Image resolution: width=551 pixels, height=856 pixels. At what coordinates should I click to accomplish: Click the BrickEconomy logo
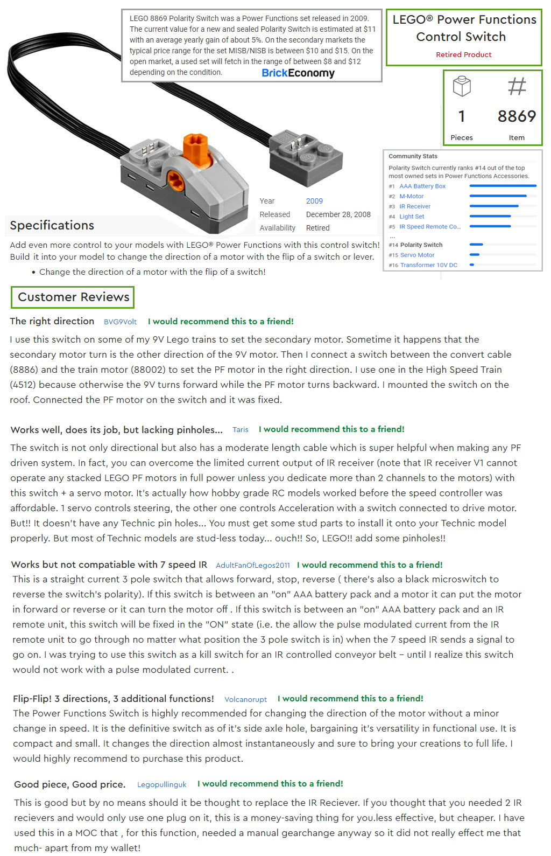[x=298, y=73]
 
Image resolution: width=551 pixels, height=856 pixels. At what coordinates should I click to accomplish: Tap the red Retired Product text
[x=463, y=54]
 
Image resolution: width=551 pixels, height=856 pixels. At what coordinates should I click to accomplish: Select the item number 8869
[x=517, y=116]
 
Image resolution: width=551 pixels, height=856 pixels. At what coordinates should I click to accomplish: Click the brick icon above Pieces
[x=462, y=86]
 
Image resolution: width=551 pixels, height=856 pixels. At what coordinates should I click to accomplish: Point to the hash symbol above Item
[x=517, y=86]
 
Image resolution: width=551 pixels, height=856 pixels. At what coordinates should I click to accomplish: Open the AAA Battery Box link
[x=422, y=186]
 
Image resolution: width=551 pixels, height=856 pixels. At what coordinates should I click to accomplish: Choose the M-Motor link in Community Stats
[x=411, y=196]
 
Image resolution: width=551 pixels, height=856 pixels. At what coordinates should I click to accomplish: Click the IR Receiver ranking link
[x=414, y=206]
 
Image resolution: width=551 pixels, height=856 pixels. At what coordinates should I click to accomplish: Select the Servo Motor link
[x=417, y=255]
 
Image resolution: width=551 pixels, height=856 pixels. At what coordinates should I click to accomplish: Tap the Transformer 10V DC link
[x=428, y=265]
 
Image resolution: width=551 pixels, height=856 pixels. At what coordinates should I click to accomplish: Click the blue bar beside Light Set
[x=490, y=217]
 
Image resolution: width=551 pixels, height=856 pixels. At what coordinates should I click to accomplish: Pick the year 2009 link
[x=314, y=201]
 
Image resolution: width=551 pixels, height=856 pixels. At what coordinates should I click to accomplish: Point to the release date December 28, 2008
[x=338, y=214]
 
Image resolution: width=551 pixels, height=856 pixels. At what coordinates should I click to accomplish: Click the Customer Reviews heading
[x=73, y=297]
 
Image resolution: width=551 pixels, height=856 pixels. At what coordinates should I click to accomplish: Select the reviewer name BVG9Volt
[x=120, y=322]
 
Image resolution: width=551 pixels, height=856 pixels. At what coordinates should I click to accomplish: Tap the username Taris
[x=240, y=429]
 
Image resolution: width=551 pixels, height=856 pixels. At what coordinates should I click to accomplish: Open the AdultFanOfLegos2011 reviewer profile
[x=252, y=565]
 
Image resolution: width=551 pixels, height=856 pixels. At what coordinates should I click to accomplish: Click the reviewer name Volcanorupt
[x=245, y=699]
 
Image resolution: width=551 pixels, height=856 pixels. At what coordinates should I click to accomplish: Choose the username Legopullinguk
[x=161, y=784]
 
